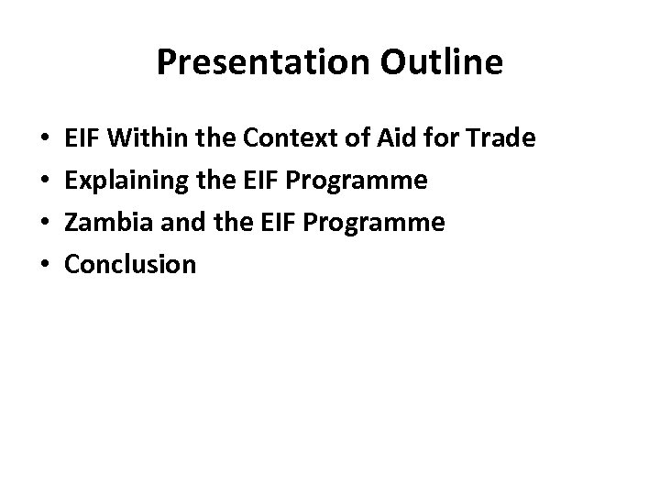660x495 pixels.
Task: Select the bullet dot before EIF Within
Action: [46, 140]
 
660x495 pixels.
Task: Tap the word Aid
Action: [390, 139]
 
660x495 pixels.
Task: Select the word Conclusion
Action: [129, 265]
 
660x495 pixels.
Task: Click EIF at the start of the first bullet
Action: [82, 139]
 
